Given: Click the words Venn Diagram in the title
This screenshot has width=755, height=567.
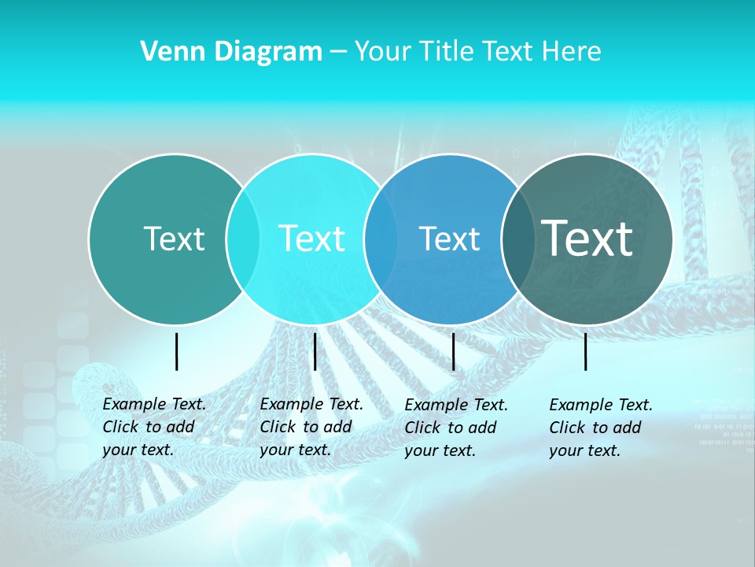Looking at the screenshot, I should [231, 52].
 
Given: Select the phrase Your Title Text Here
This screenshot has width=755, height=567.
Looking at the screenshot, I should [477, 52].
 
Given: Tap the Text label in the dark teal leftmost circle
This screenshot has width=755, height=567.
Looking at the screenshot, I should [174, 239].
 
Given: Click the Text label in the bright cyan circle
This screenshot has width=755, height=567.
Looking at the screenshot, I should [311, 239].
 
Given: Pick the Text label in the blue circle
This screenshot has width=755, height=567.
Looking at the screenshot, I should [449, 239].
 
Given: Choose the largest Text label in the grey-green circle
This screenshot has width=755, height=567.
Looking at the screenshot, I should [587, 238].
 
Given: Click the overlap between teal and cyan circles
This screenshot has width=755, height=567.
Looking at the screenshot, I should [243, 239].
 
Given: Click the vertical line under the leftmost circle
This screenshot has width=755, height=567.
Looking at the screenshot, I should [176, 351].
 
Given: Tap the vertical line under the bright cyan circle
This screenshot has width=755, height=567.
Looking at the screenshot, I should [315, 351].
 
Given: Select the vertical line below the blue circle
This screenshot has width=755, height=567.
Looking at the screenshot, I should [453, 351].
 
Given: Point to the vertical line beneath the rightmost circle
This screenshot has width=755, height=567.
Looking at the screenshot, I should [585, 351].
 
